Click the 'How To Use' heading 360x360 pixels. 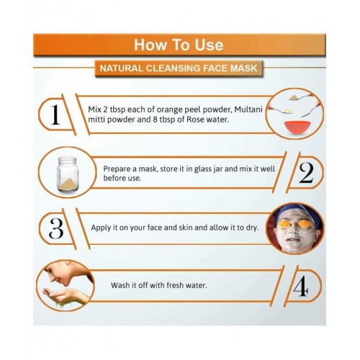(x=179, y=45)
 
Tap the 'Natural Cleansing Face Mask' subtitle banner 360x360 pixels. (x=179, y=68)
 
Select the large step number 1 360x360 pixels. (x=55, y=114)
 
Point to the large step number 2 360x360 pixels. (x=306, y=173)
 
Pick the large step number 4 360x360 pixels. (x=301, y=286)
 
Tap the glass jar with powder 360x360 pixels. (x=68, y=174)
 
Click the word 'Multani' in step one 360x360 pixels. (x=248, y=109)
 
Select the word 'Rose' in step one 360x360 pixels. (x=195, y=120)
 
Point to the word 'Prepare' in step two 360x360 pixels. (x=117, y=169)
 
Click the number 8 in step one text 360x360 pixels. (x=155, y=120)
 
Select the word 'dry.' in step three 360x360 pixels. (x=252, y=228)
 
